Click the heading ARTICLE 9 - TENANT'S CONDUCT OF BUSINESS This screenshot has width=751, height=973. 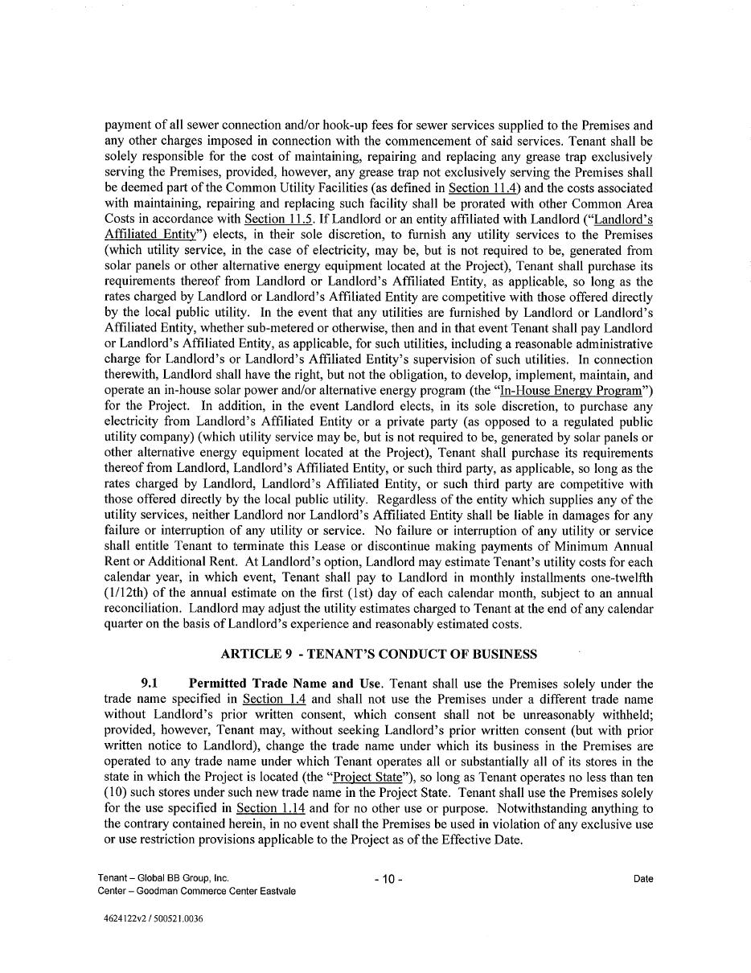(379, 655)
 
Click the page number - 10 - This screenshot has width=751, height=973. (388, 879)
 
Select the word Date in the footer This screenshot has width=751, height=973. (642, 879)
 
